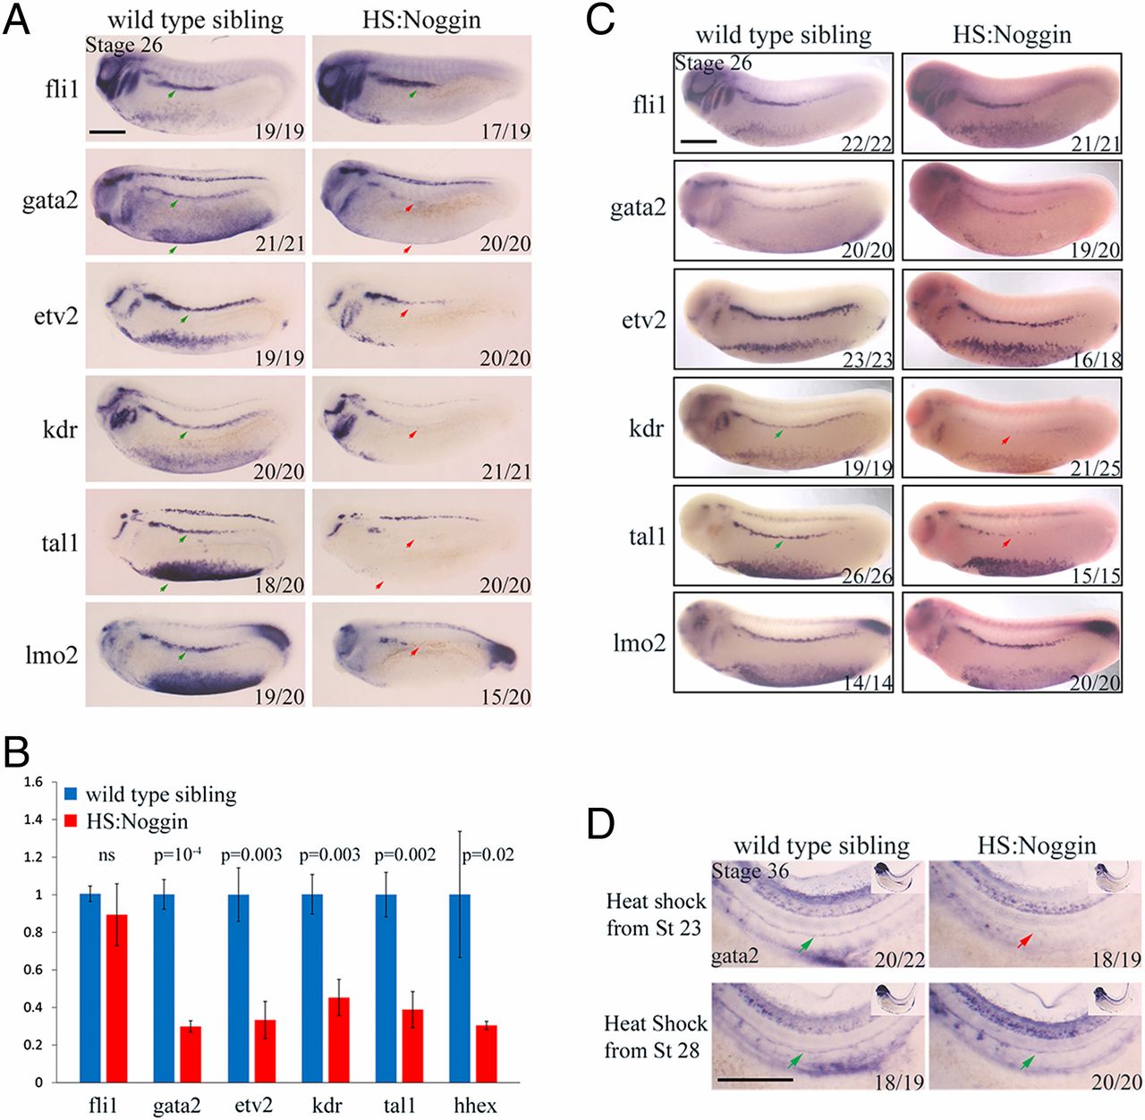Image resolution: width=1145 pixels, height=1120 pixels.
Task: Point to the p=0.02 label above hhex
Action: [x=488, y=855]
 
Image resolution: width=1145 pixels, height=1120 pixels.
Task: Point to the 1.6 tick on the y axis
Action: [x=33, y=782]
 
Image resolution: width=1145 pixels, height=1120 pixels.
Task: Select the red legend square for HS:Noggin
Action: [x=72, y=820]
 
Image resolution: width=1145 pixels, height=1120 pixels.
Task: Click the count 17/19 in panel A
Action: [x=506, y=131]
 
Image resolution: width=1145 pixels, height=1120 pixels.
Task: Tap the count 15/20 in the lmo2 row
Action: [x=506, y=696]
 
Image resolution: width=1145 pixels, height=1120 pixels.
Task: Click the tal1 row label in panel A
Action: [x=60, y=542]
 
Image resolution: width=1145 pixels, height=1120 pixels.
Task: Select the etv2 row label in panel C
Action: [x=643, y=319]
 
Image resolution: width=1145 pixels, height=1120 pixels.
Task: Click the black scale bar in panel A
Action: [x=107, y=132]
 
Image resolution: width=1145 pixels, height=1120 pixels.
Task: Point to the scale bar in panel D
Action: [x=754, y=1079]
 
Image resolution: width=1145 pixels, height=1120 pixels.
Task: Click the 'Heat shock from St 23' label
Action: [x=655, y=914]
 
